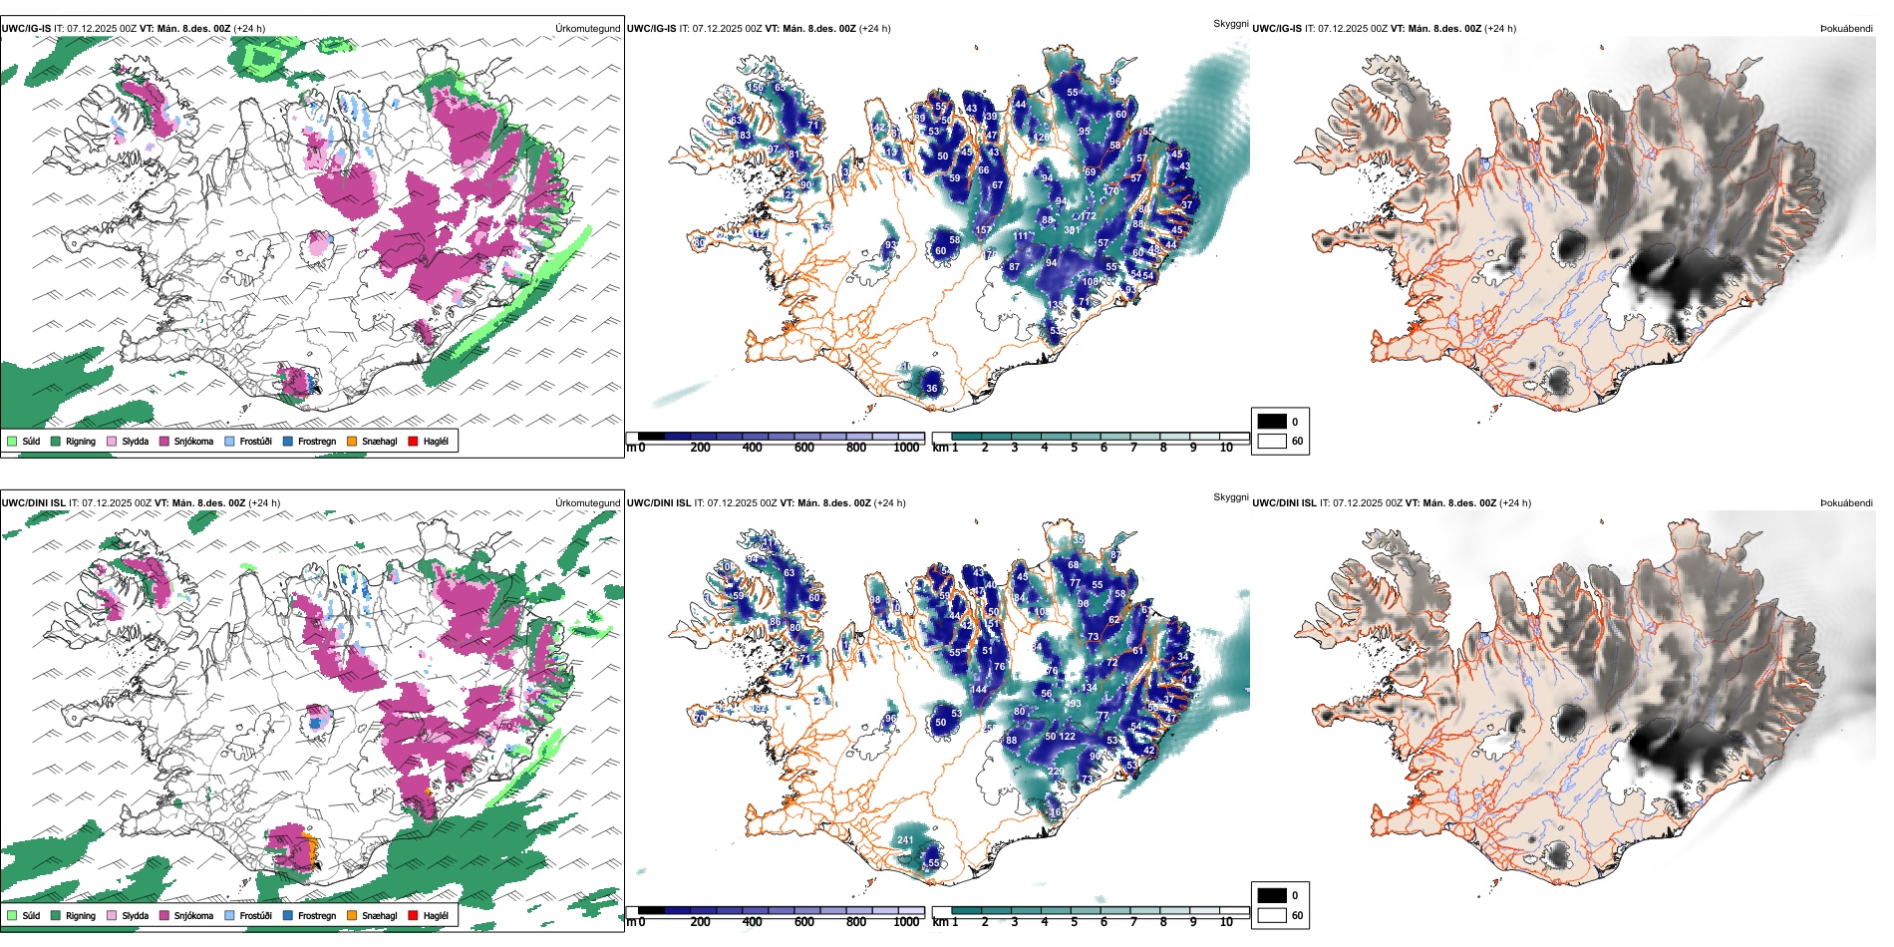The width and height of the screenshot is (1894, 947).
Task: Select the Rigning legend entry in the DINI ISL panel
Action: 57,915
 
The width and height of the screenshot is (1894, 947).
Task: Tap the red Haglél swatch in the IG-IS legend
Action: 413,441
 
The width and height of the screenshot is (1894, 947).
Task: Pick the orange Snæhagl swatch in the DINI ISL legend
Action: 352,915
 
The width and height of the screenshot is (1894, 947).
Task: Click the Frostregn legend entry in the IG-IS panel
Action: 288,441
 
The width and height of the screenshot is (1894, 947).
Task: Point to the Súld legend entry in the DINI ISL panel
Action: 12,915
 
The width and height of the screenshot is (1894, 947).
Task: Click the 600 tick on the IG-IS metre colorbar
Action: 804,448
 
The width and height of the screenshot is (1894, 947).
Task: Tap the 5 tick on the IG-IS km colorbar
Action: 1075,448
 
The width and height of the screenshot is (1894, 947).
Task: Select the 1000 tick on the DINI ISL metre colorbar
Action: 906,922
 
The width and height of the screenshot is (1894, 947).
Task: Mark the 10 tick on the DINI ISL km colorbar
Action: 1226,922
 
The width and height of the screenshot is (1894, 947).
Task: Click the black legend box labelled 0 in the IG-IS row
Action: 1272,422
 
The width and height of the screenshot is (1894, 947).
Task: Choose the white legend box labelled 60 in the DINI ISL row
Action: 1272,915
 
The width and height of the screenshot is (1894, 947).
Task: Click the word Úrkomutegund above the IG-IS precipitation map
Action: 588,28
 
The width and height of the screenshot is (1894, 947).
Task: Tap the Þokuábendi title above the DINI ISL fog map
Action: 1846,502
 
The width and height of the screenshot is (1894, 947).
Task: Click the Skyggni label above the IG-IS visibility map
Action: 1230,23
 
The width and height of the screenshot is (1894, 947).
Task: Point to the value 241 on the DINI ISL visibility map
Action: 905,840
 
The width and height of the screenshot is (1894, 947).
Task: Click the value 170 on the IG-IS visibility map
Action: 1110,190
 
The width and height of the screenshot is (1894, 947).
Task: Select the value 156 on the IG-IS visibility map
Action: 757,88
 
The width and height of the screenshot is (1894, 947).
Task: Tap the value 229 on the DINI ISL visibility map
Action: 1056,772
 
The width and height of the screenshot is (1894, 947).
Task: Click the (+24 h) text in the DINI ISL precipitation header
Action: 264,502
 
